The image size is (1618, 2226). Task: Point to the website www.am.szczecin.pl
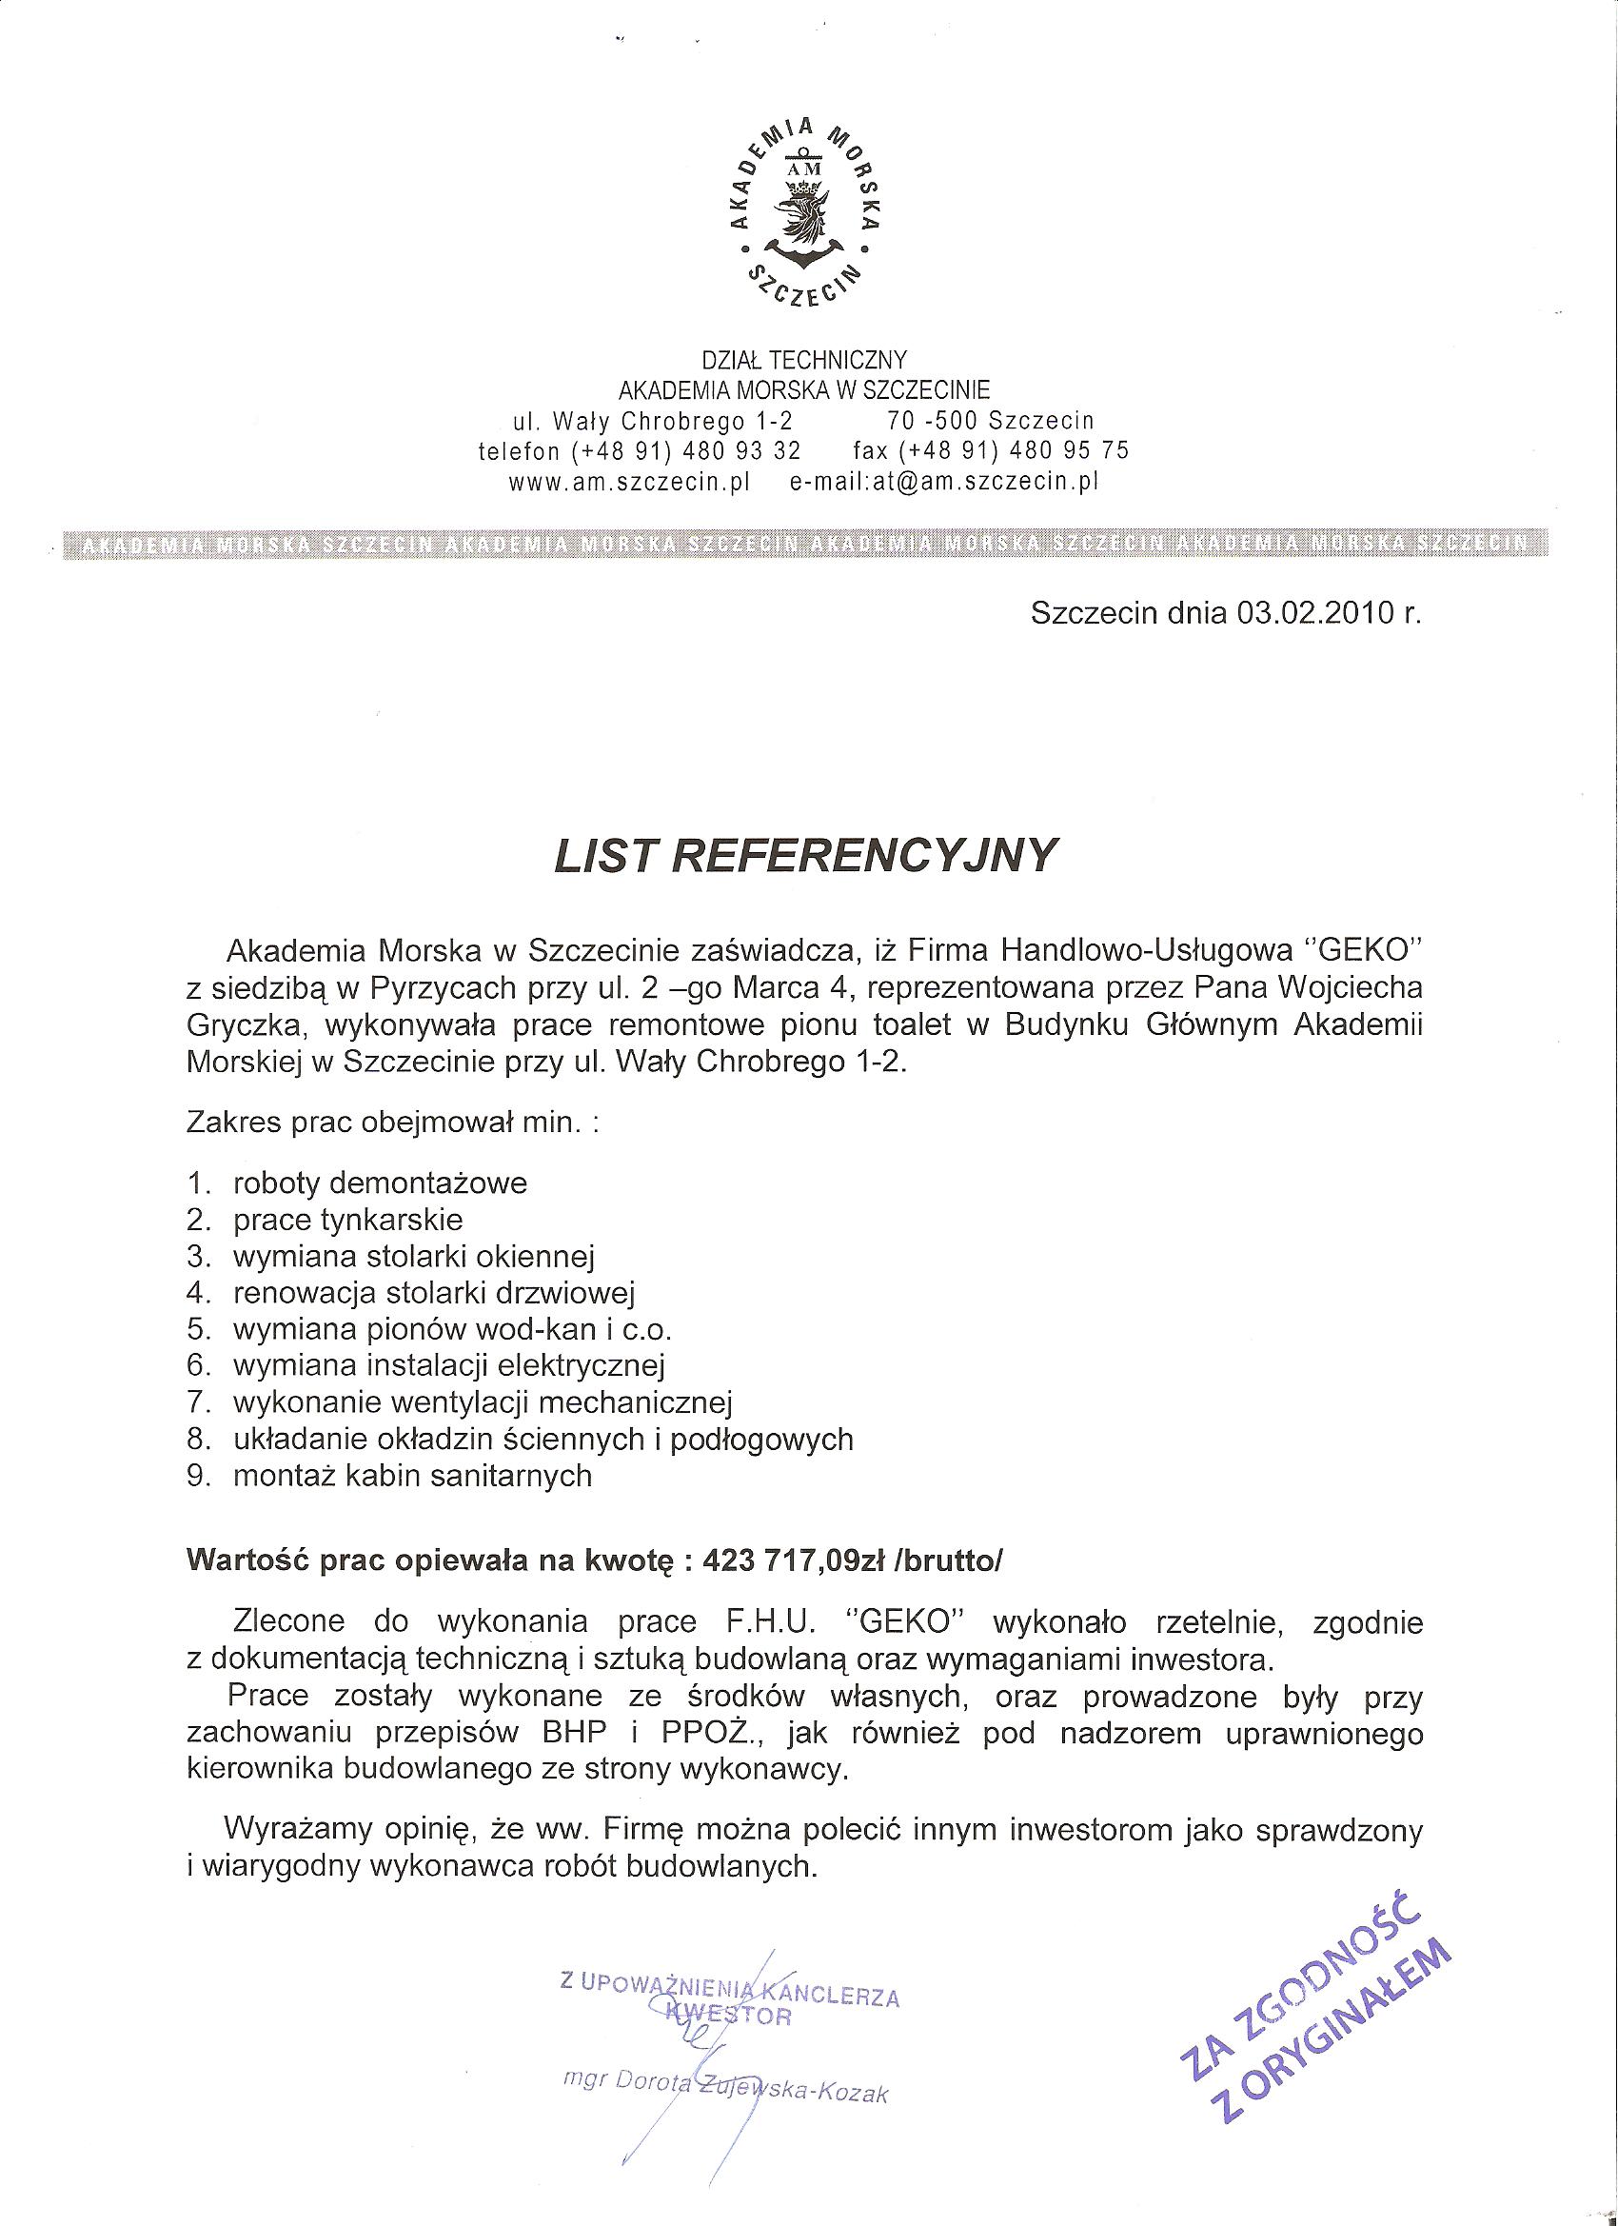point(629,483)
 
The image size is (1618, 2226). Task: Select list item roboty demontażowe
point(380,1183)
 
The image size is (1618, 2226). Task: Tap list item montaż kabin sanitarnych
point(412,1476)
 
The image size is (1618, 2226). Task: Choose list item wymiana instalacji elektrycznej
point(449,1366)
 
